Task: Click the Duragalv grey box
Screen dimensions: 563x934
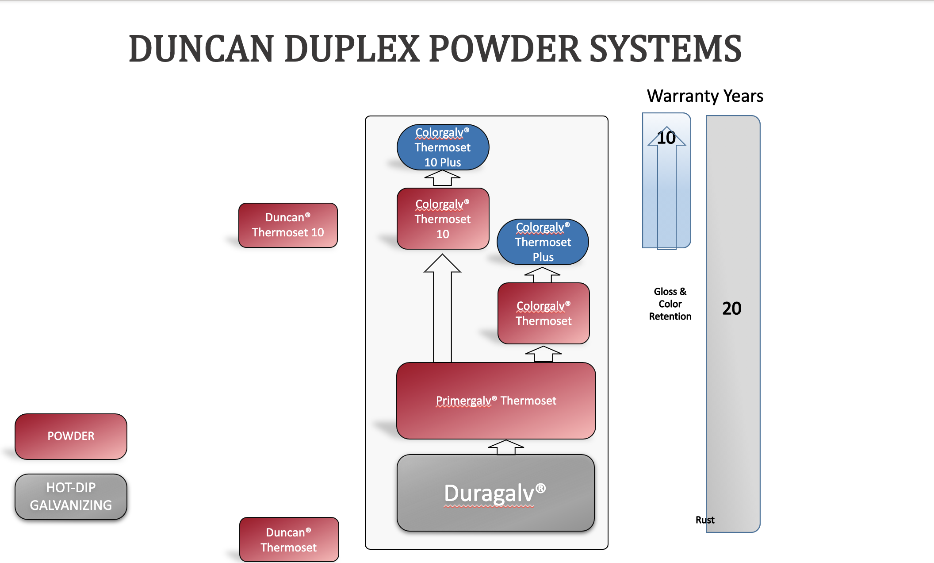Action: point(495,493)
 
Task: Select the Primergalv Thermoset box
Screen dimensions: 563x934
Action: point(496,401)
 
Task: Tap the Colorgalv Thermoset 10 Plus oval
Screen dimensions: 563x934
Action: point(443,147)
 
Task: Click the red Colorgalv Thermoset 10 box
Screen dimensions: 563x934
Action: point(443,219)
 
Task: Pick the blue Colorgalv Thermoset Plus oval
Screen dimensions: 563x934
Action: point(543,242)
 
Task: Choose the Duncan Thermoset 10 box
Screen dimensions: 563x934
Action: point(288,225)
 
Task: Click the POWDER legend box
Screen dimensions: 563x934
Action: point(71,436)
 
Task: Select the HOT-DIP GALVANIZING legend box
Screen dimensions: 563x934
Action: point(71,496)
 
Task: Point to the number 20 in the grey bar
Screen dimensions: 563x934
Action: point(731,308)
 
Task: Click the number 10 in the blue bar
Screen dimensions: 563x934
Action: point(666,138)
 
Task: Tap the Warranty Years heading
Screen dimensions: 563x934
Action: point(705,96)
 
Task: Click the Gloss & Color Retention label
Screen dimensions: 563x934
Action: point(670,304)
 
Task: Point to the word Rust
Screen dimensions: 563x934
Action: point(704,520)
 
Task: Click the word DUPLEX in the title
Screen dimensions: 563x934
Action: point(352,49)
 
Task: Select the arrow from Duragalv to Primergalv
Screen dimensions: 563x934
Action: point(506,447)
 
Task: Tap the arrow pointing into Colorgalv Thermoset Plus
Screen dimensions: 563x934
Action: point(542,274)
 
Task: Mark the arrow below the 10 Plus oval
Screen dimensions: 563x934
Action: point(442,178)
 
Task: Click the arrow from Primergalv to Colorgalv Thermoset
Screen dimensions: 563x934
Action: point(543,354)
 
